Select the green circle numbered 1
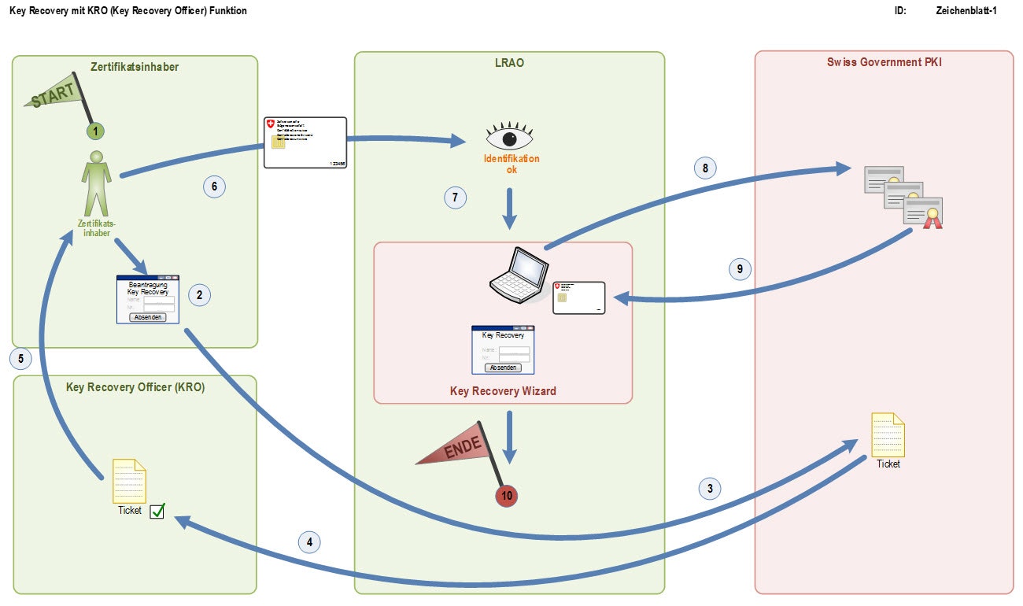point(94,131)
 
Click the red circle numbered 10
point(507,496)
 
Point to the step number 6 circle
point(214,187)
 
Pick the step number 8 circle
point(705,168)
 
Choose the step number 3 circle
point(711,488)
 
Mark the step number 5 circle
point(21,359)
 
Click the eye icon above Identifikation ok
point(509,137)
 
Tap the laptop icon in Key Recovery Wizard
point(516,275)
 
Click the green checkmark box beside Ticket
point(157,511)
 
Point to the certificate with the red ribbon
point(923,212)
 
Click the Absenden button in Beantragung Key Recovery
point(148,317)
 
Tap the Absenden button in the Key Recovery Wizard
point(503,368)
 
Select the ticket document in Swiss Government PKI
point(888,434)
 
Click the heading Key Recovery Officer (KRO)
point(135,387)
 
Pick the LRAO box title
point(508,64)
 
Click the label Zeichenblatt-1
point(966,11)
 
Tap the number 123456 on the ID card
point(336,163)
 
